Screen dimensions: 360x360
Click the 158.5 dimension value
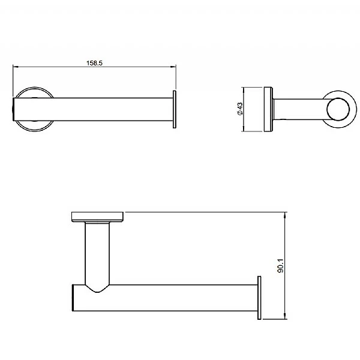click(x=94, y=63)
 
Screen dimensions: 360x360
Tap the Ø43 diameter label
click(x=239, y=109)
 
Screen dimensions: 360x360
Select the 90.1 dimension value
click(x=281, y=266)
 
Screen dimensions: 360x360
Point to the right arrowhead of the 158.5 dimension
click(x=173, y=67)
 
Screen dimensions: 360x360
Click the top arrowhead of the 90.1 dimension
click(x=285, y=215)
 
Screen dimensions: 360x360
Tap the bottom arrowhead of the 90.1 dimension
click(x=285, y=316)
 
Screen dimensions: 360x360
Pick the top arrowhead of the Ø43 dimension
click(x=242, y=90)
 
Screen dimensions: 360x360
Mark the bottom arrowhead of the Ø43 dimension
click(x=242, y=129)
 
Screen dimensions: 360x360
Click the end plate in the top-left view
click(x=175, y=109)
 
